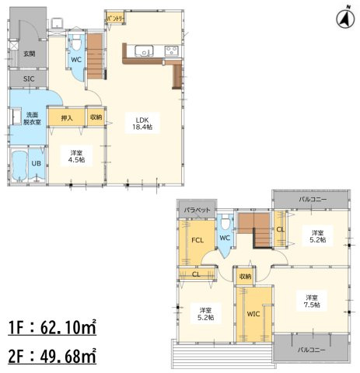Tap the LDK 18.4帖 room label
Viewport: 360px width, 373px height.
click(x=142, y=124)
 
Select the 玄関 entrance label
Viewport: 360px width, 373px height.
click(x=30, y=54)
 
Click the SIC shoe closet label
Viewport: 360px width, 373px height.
click(x=29, y=79)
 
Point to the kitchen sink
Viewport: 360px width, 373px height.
click(x=144, y=51)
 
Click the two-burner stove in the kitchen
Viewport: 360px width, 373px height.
click(x=171, y=51)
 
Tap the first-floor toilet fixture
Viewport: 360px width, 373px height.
click(x=76, y=44)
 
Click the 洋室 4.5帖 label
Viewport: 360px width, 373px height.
click(x=76, y=156)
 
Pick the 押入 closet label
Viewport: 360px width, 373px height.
click(x=67, y=118)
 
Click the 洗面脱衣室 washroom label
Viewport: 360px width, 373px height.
click(x=32, y=118)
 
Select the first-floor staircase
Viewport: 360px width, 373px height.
click(x=94, y=56)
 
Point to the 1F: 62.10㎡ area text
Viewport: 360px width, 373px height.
click(x=52, y=328)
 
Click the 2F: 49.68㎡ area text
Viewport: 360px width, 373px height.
click(x=52, y=356)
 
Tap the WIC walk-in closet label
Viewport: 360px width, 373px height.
click(x=253, y=314)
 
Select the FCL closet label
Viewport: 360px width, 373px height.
click(x=197, y=240)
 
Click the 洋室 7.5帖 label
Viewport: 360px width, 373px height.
click(x=312, y=301)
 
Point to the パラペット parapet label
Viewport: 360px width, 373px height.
click(x=197, y=210)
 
